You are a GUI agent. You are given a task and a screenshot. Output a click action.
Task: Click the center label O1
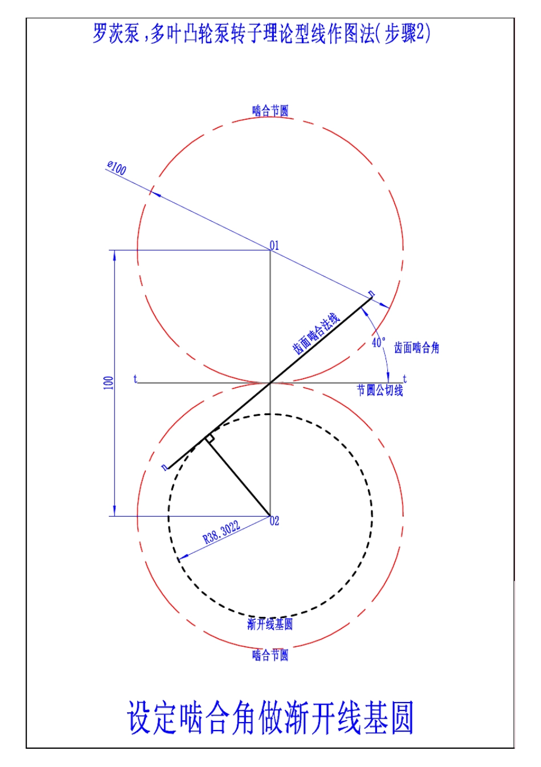[274, 246]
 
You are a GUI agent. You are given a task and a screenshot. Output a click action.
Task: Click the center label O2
[274, 521]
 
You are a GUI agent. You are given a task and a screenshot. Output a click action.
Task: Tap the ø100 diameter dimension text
[117, 168]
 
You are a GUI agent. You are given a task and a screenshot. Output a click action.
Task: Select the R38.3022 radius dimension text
[222, 533]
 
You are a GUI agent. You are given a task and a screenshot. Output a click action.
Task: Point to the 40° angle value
[379, 342]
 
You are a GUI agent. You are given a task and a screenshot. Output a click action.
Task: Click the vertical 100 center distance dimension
[108, 383]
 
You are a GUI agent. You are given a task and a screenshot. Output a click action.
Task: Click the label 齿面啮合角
[416, 348]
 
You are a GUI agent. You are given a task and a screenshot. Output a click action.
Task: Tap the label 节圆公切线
[380, 391]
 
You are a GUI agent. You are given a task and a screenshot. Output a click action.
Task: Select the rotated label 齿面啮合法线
[316, 333]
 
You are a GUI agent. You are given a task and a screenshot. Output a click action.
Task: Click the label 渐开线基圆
[270, 624]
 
